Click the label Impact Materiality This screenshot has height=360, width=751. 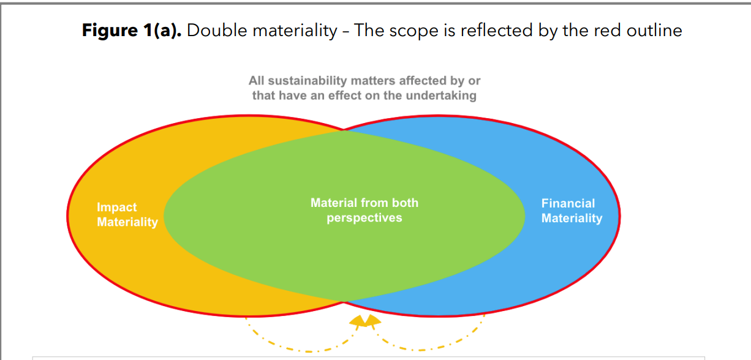pos(127,215)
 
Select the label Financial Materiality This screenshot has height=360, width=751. pos(572,211)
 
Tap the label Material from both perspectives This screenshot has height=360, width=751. pos(364,210)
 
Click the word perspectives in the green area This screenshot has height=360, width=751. pos(364,218)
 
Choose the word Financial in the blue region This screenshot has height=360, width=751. pos(568,203)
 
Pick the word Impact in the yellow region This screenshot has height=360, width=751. pos(117,208)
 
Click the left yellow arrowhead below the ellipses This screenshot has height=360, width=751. pos(358,321)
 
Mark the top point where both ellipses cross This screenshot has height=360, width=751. pos(344,130)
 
